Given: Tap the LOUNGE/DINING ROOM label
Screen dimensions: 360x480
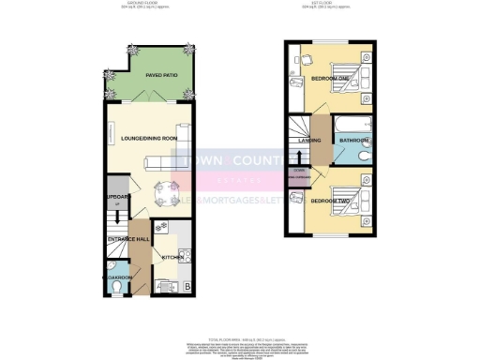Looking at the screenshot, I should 149,139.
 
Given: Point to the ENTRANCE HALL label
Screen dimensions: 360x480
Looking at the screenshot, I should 129,240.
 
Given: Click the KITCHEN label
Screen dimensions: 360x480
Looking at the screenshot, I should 172,257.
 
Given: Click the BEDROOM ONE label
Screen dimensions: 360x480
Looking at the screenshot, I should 331,79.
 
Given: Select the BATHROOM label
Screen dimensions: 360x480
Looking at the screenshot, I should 353,142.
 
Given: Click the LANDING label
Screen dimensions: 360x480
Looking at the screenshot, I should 311,142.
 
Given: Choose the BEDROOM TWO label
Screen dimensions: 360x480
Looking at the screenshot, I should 331,202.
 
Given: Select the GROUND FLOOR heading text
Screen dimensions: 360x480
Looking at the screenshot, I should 142,4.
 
